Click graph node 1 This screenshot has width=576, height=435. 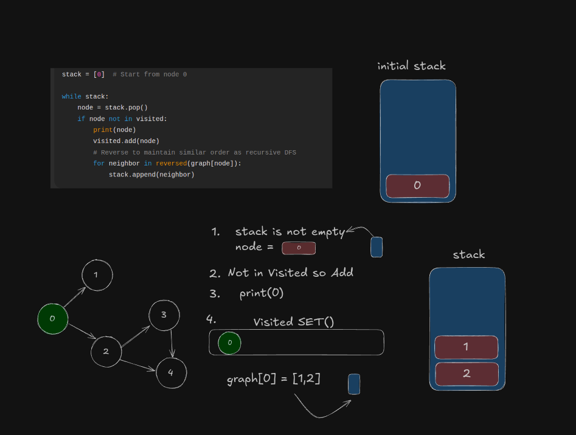pos(97,275)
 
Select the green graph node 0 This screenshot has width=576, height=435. pos(52,318)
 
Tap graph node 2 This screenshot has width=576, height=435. pos(106,351)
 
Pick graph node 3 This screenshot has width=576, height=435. pos(164,315)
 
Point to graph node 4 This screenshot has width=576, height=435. pos(171,373)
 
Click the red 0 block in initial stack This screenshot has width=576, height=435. pos(417,186)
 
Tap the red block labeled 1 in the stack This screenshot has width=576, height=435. pos(466,347)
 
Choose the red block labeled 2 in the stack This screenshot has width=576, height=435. pos(467,374)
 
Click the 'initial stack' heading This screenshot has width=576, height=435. pos(411,66)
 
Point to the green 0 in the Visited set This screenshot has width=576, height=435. pos(229,343)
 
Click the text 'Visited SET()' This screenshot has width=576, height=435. pos(294,322)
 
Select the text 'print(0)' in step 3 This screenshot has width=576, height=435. pos(262,293)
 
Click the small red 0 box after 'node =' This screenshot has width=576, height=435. pos(299,248)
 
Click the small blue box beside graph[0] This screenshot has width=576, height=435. pos(354,384)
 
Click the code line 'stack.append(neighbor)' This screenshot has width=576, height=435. pos(151,175)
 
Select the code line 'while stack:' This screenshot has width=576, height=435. pos(85,96)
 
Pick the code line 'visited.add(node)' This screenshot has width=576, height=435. pos(126,141)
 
